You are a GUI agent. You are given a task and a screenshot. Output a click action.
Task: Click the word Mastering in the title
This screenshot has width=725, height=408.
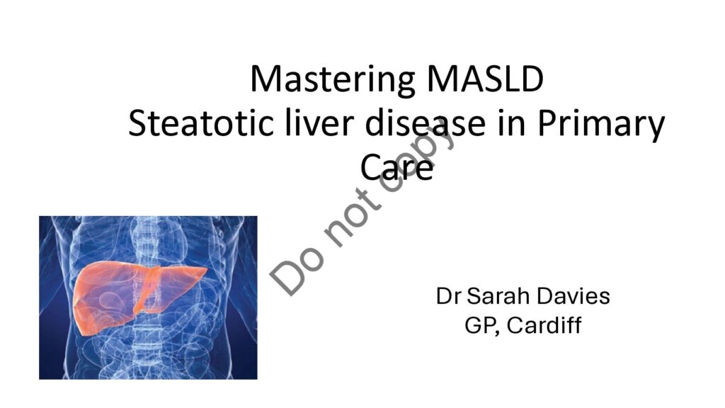pos(333,79)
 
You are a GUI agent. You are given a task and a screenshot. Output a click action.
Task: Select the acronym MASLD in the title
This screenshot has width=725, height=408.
pos(485,79)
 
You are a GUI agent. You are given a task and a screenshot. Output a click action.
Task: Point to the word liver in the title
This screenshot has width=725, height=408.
pos(319,123)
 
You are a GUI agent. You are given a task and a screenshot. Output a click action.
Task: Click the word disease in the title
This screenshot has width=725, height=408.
pos(426,123)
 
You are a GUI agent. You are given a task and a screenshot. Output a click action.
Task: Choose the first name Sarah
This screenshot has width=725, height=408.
pos(498,296)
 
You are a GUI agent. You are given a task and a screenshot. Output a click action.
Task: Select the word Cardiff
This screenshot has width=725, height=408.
pos(544,324)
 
